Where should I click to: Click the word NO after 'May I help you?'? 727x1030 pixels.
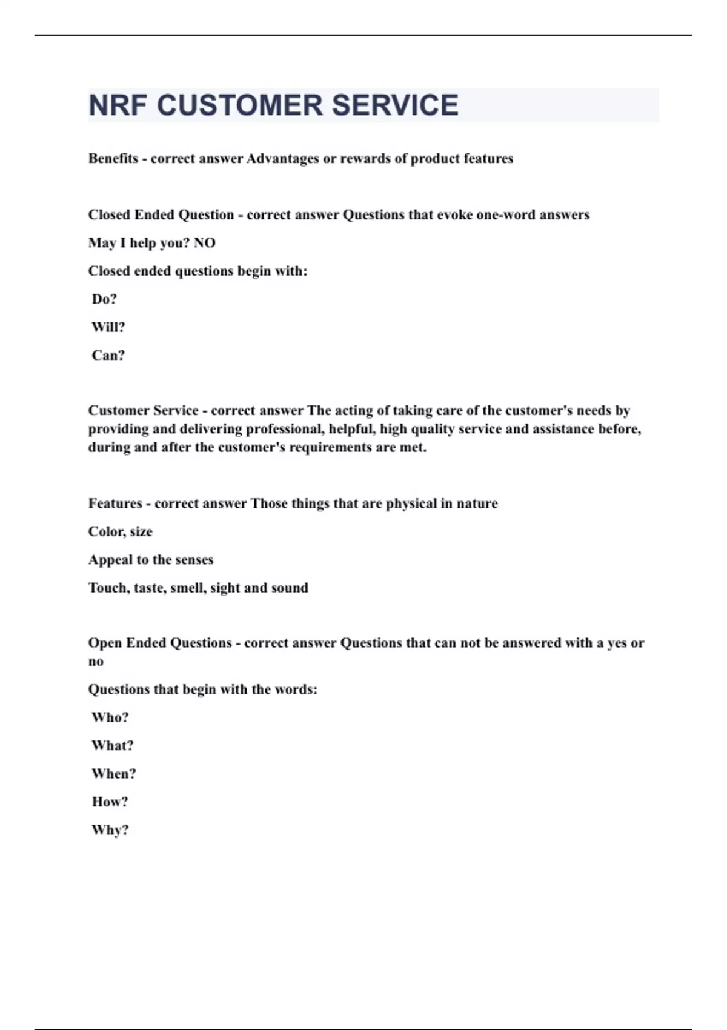(x=205, y=243)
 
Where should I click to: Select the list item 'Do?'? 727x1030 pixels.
(x=104, y=299)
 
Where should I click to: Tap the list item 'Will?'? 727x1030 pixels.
(x=108, y=327)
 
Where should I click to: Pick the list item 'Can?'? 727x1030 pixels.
(x=108, y=356)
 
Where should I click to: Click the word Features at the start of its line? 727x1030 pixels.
(x=115, y=503)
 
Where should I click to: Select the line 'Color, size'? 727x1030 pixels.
(x=120, y=532)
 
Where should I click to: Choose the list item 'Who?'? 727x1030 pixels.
(x=110, y=718)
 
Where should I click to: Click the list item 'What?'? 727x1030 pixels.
(x=112, y=746)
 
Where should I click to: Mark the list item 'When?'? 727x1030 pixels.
(x=113, y=774)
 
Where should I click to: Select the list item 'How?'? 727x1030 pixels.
(x=110, y=802)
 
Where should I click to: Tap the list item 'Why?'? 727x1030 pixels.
(x=110, y=831)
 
